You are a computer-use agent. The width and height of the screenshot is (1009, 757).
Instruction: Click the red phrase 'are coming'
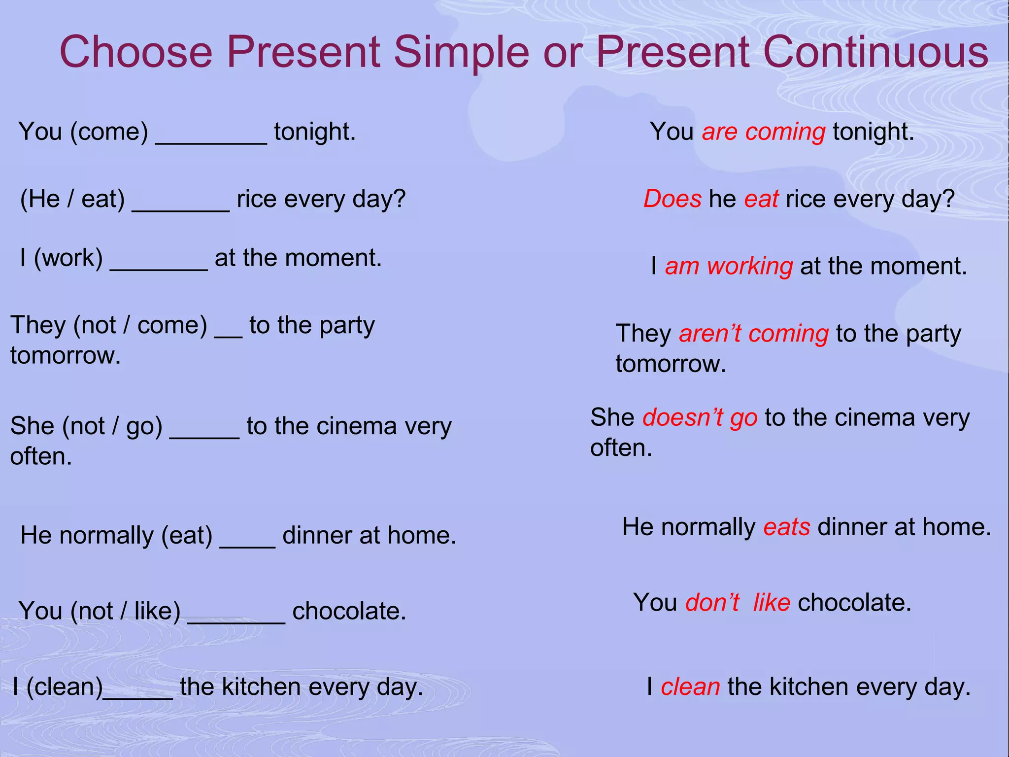pos(763,132)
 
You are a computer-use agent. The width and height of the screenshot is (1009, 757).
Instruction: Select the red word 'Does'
pos(672,199)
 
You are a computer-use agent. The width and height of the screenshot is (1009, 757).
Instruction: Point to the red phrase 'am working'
pos(728,266)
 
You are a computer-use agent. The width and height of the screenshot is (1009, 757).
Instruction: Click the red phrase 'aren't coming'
pos(753,334)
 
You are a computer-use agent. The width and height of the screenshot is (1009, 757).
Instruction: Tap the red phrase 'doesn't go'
pos(700,418)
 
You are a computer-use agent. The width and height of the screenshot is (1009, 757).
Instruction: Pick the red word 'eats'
pos(786,527)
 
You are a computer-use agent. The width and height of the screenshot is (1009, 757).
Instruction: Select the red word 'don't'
pos(712,603)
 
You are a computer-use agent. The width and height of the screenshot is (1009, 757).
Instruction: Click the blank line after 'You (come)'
pos(211,140)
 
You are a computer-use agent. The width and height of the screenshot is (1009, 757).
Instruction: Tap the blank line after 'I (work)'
pos(159,266)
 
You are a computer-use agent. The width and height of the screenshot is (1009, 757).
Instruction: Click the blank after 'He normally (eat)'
pos(247,544)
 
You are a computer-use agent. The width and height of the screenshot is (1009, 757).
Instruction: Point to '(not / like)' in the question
pos(125,612)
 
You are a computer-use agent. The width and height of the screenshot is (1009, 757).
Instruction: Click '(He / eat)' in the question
pos(72,200)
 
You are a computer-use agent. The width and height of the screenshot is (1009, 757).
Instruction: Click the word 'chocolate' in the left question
pos(348,612)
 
